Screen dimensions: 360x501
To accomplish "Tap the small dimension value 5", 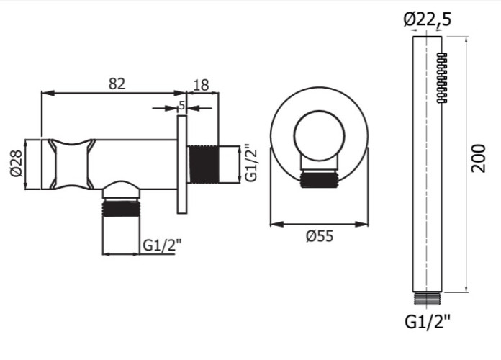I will tap(182, 104).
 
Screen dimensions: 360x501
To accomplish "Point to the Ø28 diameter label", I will tap(17, 164).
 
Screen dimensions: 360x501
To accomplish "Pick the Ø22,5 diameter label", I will tap(428, 21).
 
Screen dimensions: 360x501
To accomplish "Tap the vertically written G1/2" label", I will tap(250, 164).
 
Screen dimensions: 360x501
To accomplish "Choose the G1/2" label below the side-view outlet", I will tap(161, 245).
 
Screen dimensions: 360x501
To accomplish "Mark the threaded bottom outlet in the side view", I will tap(121, 208).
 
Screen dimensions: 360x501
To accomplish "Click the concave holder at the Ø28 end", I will tap(70, 164).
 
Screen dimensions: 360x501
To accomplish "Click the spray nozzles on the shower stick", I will tap(441, 79).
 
